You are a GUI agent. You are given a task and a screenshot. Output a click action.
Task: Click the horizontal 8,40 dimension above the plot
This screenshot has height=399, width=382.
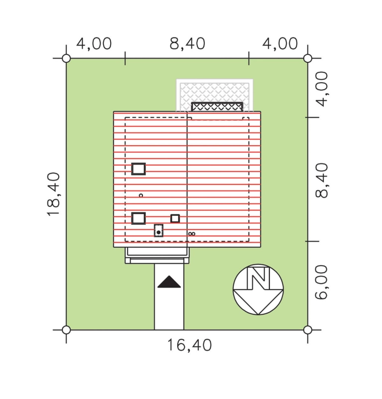(187, 43)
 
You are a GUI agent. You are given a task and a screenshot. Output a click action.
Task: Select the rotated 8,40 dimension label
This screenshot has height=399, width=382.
(322, 181)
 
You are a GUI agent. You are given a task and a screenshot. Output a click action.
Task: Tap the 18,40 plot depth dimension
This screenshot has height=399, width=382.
(54, 194)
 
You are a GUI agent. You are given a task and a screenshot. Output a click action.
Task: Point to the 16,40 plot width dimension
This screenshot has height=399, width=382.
(189, 345)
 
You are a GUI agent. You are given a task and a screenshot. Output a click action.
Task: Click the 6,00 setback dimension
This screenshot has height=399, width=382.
(322, 282)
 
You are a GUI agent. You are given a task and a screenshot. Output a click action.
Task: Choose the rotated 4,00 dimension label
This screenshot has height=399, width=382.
(322, 89)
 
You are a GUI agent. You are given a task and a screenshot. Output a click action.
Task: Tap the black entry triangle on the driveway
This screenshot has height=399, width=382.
(169, 282)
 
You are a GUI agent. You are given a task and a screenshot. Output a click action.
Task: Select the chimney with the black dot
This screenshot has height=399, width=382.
(158, 230)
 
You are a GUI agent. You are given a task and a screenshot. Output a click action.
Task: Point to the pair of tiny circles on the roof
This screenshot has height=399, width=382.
(192, 234)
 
